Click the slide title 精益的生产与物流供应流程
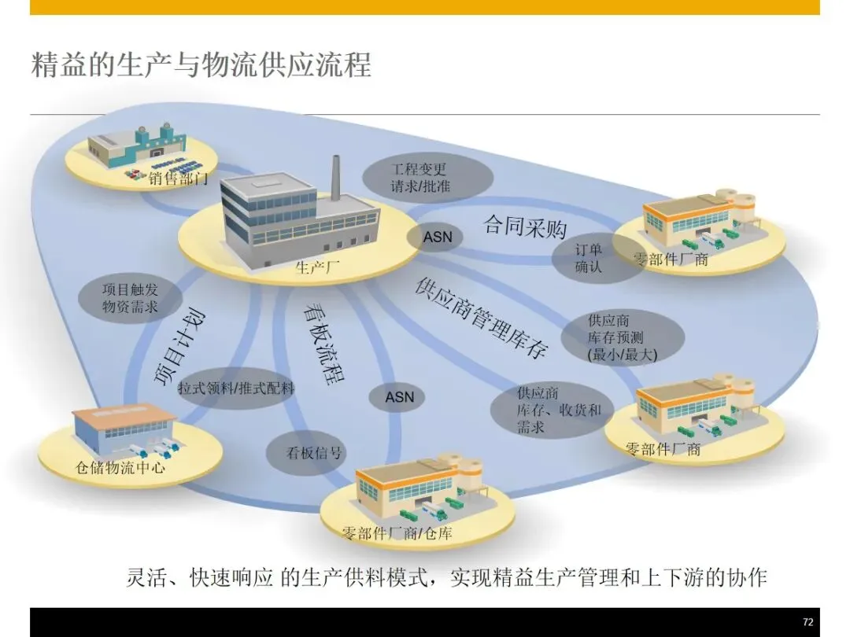201,64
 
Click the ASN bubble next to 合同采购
438,237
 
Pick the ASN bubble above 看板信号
399,398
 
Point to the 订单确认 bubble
588,258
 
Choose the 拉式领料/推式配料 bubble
235,388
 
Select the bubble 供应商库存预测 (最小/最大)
622,337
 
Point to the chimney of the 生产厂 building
335,176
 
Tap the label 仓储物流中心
120,469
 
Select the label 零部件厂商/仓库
397,534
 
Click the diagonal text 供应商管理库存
481,319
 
